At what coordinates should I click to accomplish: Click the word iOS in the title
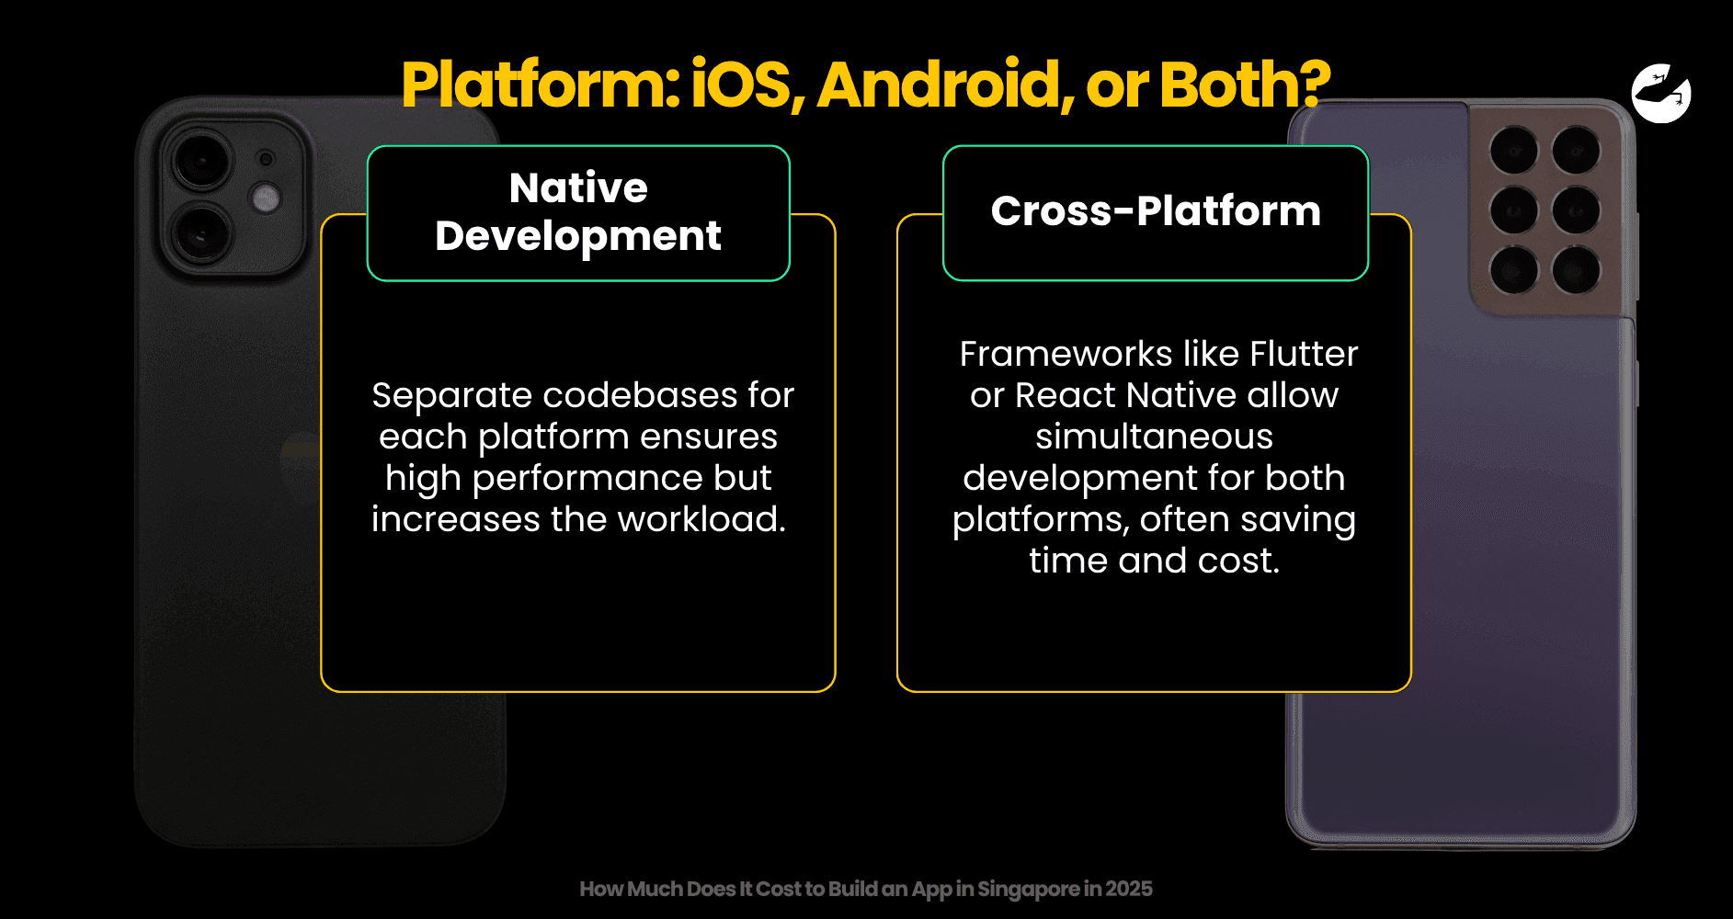pos(741,84)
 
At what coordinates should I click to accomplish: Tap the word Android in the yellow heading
pos(944,85)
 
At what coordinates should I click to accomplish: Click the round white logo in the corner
pos(1661,93)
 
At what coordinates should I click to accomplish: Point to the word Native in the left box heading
pos(578,187)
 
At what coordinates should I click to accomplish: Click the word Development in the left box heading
pos(578,236)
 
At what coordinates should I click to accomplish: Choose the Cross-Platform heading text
pos(1156,210)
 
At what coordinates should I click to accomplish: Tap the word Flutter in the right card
pos(1304,354)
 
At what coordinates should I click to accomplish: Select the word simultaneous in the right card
pos(1154,437)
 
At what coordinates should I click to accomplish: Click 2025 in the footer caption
pos(1129,889)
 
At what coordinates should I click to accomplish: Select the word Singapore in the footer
pos(1029,889)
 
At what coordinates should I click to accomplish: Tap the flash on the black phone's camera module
pos(267,198)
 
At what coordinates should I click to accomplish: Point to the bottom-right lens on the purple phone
pos(1576,270)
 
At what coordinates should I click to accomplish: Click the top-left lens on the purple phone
pos(1513,150)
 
